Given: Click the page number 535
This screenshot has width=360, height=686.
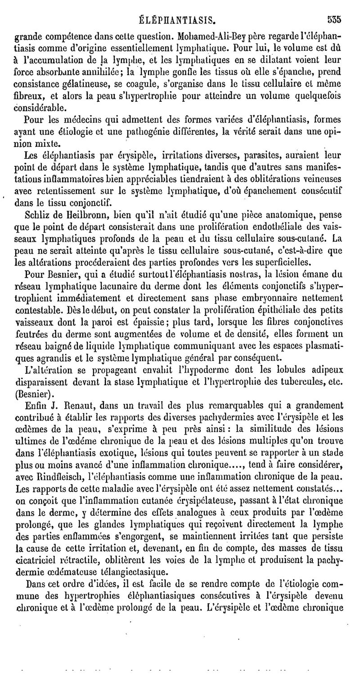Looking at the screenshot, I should tap(334, 20).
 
